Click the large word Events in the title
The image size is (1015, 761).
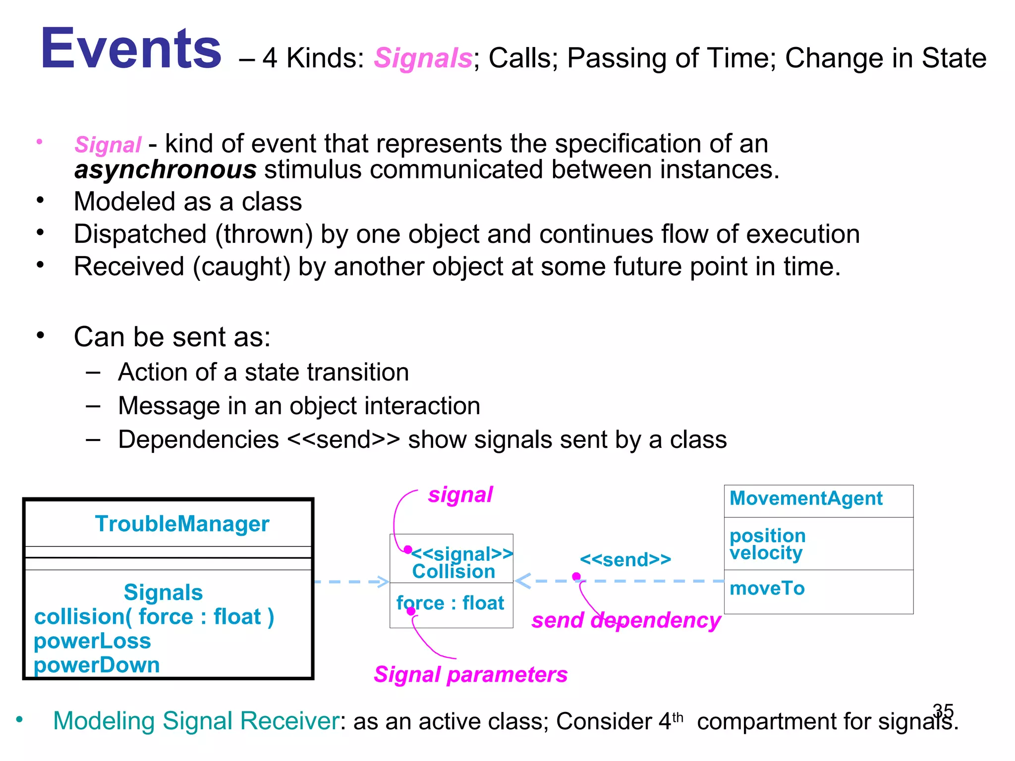(131, 49)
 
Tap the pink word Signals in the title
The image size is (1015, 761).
(423, 58)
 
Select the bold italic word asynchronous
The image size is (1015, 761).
(166, 170)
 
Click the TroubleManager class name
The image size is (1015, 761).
(182, 524)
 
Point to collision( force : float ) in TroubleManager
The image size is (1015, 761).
(154, 617)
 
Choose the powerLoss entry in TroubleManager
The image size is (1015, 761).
(92, 641)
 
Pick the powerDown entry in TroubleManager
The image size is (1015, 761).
(97, 665)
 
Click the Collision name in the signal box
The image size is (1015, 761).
(453, 572)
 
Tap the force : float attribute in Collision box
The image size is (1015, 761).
(450, 603)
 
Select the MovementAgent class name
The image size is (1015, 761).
(806, 498)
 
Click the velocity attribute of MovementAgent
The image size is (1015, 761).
(766, 553)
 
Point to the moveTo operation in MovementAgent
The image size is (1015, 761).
(767, 589)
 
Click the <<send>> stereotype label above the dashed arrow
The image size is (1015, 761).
(625, 560)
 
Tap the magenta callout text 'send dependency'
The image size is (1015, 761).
(626, 620)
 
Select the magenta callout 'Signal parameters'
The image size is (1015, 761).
(470, 675)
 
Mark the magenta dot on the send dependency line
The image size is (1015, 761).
(576, 576)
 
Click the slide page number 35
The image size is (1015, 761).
(943, 710)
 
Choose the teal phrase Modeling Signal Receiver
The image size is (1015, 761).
(196, 721)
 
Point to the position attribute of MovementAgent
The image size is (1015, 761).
(768, 536)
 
